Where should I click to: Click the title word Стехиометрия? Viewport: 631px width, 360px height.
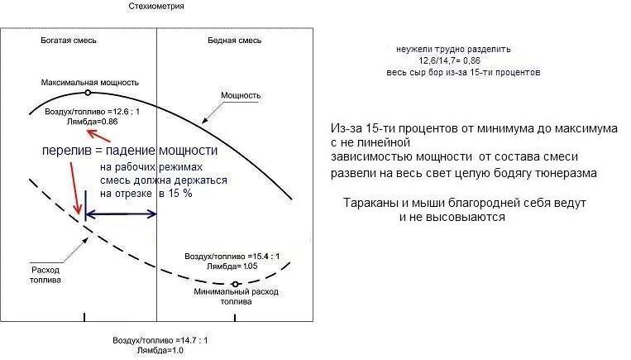[156, 6]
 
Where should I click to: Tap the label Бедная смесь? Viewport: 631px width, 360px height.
[234, 40]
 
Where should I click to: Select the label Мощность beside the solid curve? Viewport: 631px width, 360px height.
[241, 95]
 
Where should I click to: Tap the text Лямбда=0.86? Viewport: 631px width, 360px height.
[93, 121]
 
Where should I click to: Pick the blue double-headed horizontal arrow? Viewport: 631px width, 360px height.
[122, 214]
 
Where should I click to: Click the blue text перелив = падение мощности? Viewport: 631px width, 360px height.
[130, 151]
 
